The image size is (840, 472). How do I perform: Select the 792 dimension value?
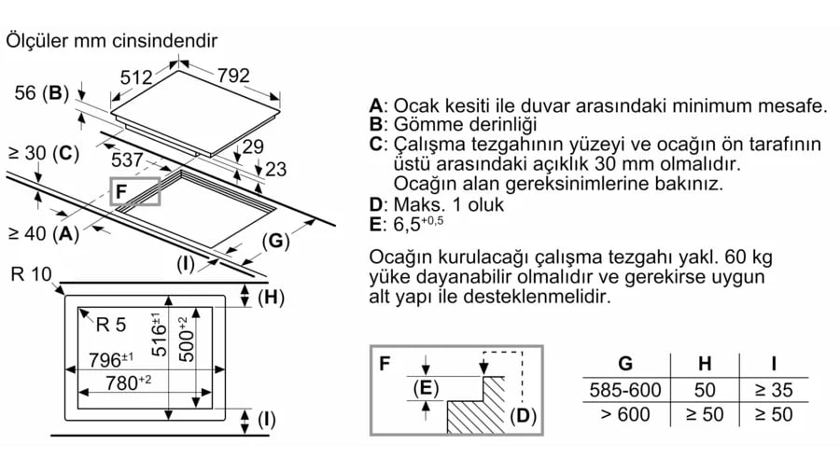(233, 77)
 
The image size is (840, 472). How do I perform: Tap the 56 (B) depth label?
(43, 92)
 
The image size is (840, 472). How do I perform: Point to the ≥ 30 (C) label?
(43, 152)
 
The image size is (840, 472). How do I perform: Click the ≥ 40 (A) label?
(43, 233)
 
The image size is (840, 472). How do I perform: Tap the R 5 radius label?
(110, 325)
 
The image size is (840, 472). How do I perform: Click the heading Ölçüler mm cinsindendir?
(111, 41)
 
